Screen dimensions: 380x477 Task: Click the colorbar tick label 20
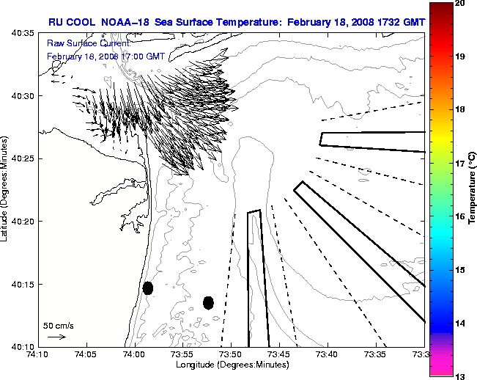(460, 4)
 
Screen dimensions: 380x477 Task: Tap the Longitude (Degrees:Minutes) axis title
(232, 365)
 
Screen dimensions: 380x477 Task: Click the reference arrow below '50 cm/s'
(56, 337)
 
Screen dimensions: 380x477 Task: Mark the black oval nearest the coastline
(147, 288)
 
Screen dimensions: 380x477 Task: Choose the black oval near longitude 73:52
(208, 302)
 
